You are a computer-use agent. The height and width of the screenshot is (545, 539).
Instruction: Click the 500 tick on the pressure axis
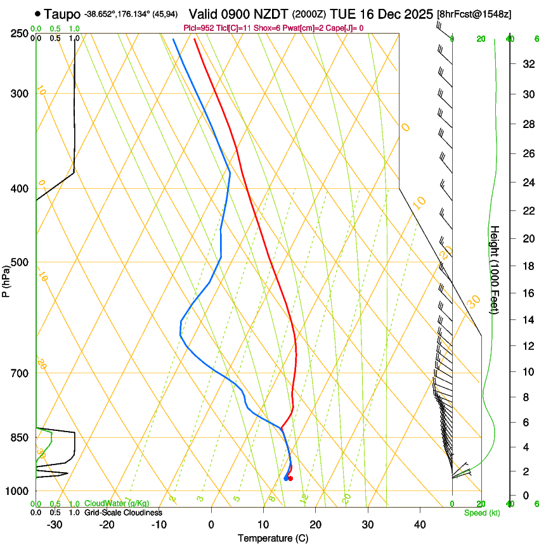[19, 262]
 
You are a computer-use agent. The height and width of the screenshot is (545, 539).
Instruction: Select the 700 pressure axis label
[19, 373]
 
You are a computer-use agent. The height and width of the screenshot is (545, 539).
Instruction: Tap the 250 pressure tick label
[19, 34]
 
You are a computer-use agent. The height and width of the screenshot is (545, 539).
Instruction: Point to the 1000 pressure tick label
[16, 491]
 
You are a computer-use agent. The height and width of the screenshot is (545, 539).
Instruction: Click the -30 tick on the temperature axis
[55, 525]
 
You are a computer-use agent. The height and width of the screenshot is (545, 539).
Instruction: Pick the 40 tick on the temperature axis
[420, 525]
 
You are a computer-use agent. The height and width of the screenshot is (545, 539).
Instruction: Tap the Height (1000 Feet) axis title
[495, 269]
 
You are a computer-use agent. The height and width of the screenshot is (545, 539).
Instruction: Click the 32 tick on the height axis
[527, 64]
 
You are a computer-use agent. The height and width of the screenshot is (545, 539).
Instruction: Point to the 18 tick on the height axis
[527, 266]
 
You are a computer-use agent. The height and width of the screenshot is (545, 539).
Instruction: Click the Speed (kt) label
[481, 513]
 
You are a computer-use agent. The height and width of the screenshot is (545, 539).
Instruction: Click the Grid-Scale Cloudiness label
[122, 512]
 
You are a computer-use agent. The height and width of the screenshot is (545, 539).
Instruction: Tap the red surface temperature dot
[290, 478]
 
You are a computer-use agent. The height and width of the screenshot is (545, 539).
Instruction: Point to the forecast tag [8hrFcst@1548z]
[474, 14]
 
